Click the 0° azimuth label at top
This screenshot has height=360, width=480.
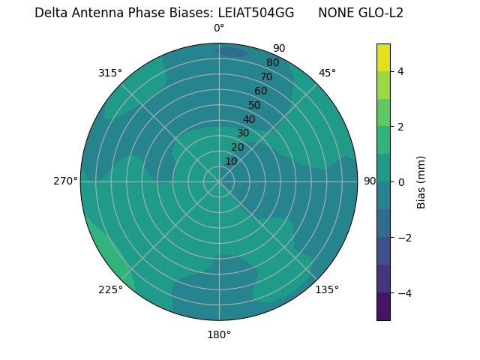(219, 28)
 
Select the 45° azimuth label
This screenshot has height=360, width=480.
(327, 73)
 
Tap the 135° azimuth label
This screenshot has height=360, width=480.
(327, 289)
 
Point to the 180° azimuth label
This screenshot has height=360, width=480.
(219, 334)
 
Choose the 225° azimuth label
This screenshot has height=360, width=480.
(110, 289)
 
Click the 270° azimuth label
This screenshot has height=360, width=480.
(65, 181)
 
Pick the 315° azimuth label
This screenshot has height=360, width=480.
(110, 73)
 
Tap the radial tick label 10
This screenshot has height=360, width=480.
(231, 161)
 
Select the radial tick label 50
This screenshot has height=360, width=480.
(254, 106)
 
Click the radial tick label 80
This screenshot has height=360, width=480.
(272, 63)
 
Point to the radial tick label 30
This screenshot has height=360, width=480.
(243, 133)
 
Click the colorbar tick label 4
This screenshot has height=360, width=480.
(401, 71)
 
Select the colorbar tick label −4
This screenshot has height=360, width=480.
(404, 292)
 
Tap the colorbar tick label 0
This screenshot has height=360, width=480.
(401, 181)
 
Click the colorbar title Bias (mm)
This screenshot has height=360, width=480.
(421, 181)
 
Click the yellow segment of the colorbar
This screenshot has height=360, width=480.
(383, 57)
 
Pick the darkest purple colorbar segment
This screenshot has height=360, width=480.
(383, 307)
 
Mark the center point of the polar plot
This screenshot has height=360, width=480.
(219, 181)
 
